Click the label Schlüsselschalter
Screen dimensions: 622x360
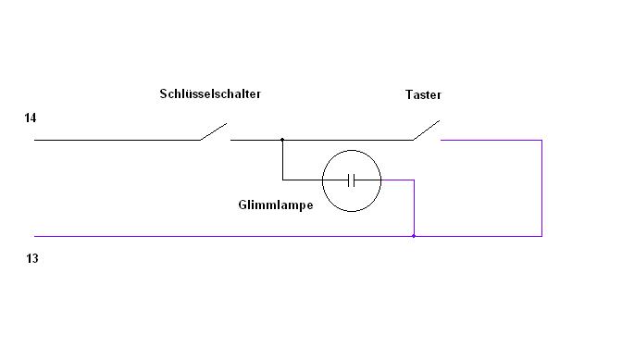coord(210,94)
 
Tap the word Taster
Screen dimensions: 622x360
coord(423,94)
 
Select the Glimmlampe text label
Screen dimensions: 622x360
coord(276,205)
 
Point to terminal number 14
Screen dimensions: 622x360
coord(31,118)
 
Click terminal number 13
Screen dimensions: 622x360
coord(32,258)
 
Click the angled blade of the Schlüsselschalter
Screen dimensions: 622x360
coord(214,131)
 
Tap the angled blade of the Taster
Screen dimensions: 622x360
coord(426,130)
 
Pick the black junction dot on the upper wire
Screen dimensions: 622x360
coord(282,140)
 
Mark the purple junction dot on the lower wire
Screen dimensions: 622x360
coord(414,236)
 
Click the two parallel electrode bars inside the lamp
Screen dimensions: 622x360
coord(351,180)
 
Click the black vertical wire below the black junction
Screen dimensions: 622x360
coord(282,160)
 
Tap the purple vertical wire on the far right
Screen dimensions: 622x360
coord(541,188)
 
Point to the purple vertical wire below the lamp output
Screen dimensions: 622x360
coord(414,208)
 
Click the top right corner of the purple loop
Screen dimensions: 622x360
coord(541,140)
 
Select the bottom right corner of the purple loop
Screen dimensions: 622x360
coord(541,236)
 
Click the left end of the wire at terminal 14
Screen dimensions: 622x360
coord(34,140)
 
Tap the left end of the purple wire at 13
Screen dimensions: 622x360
coord(34,236)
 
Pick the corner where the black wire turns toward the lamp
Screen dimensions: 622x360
coord(282,180)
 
